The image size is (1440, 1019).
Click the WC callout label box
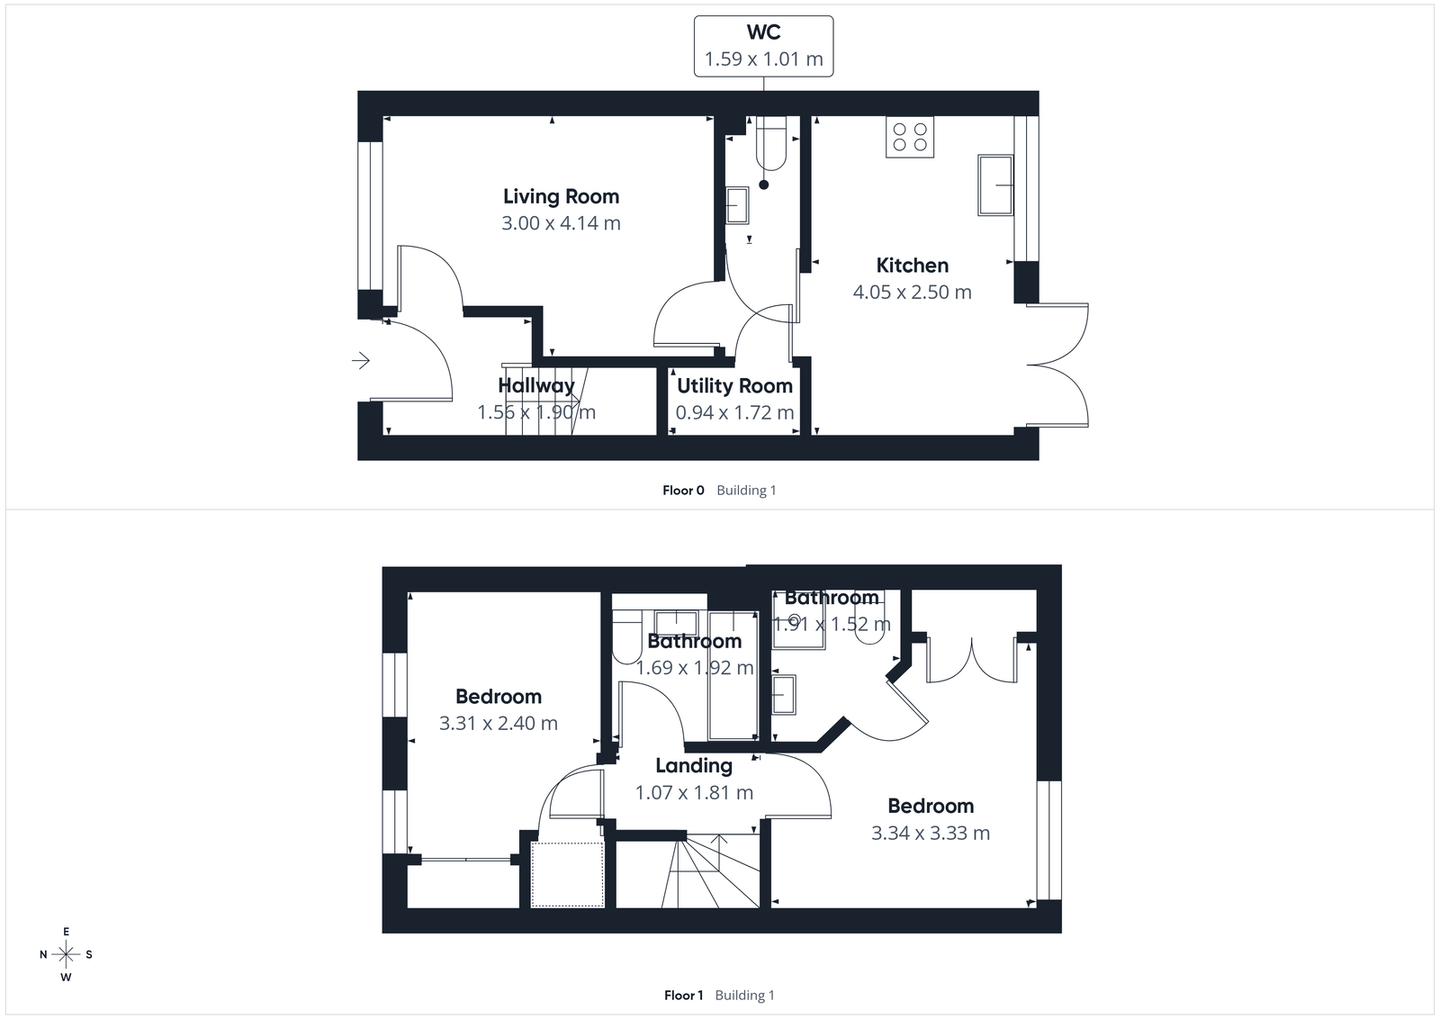coord(763,46)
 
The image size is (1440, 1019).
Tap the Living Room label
coord(561,196)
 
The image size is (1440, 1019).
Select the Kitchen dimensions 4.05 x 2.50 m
coord(912,292)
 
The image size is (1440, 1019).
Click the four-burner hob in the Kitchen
coord(909,137)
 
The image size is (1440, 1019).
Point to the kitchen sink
coord(994,185)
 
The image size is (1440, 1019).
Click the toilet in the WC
coord(771,144)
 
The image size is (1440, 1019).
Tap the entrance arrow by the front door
coord(361,361)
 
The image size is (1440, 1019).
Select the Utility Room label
coord(734,385)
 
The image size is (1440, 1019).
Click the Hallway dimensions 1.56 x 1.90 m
coord(535,412)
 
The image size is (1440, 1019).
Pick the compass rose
coord(66,954)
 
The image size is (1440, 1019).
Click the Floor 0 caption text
coord(683,491)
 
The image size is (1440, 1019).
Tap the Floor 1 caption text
coord(683,996)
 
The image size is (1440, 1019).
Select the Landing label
coord(693,766)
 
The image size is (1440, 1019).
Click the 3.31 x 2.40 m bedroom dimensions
coord(498,723)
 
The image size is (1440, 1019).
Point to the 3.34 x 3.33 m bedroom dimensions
coord(930,833)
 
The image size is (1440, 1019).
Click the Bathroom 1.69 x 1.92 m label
coord(694,642)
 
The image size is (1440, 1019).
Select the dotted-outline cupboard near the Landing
coord(566,874)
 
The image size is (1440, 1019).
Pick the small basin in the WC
coord(737,205)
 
